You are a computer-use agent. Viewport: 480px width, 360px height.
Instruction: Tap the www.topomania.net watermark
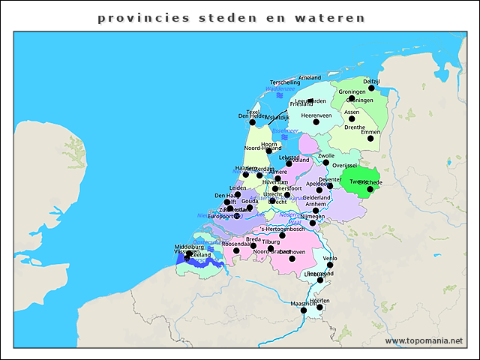pyautogui.click(x=424, y=340)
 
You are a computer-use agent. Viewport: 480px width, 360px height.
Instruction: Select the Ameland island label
pyautogui.click(x=310, y=77)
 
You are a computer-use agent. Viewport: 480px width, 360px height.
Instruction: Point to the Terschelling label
pyautogui.click(x=285, y=82)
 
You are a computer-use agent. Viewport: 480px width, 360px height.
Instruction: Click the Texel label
pyautogui.click(x=253, y=112)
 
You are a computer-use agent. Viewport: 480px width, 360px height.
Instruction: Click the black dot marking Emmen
pyautogui.click(x=370, y=138)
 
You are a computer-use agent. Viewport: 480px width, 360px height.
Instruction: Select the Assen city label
pyautogui.click(x=352, y=112)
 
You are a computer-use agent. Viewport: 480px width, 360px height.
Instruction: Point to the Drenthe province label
pyautogui.click(x=355, y=127)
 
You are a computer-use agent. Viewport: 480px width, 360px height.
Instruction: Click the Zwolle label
pyautogui.click(x=326, y=156)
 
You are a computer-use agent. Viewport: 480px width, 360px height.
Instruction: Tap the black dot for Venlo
pyautogui.click(x=330, y=265)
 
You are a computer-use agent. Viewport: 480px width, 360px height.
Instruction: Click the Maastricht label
pyautogui.click(x=304, y=304)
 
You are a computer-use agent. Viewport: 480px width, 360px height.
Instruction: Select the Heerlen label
pyautogui.click(x=319, y=300)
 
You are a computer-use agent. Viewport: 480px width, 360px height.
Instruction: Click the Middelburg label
pyautogui.click(x=189, y=247)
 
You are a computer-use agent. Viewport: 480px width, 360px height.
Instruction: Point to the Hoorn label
pyautogui.click(x=269, y=144)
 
